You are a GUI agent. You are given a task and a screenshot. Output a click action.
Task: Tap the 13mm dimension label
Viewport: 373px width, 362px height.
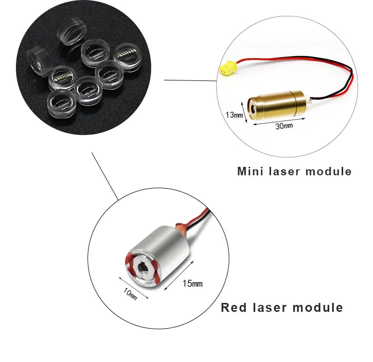coord(234,115)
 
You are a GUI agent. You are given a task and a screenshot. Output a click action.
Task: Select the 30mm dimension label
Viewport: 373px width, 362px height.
coord(284,126)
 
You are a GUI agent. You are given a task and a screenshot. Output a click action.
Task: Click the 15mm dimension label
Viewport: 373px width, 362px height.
coord(192,284)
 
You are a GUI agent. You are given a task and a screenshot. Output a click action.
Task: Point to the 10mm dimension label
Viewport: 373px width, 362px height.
coord(130,293)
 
